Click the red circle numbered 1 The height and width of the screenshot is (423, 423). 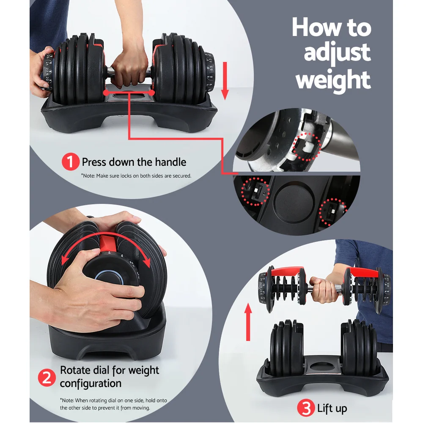click(71, 162)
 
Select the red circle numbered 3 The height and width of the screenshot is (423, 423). click(306, 408)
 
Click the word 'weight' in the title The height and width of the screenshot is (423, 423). click(333, 80)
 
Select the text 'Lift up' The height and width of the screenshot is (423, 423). click(332, 408)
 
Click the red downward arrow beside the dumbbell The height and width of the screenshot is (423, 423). click(225, 80)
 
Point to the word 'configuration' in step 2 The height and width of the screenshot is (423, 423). click(91, 384)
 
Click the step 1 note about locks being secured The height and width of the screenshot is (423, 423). click(136, 175)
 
